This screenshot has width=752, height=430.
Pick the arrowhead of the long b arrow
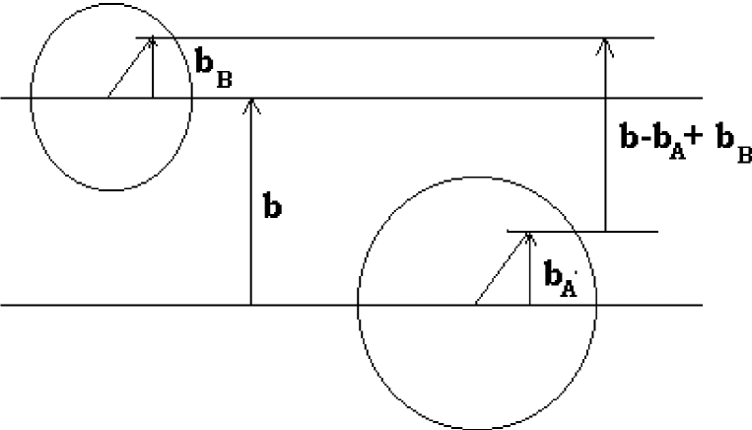coord(251,102)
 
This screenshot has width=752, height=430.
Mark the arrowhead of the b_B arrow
coord(153,41)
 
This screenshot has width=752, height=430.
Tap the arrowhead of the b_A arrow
coord(530,236)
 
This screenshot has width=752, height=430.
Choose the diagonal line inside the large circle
coord(503,268)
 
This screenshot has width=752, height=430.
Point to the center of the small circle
coord(109,98)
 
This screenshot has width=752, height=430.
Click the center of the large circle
coord(477,305)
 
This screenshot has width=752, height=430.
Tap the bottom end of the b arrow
coord(251,304)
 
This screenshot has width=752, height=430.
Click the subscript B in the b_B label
coord(224,80)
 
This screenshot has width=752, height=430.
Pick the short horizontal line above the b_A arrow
coord(581,232)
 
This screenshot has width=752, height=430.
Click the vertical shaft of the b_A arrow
coord(530,271)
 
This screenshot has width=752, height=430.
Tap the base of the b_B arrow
coord(153,97)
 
